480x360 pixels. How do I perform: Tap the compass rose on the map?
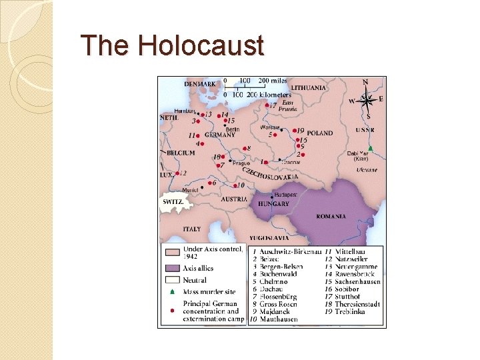365,100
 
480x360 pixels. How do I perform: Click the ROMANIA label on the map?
331,216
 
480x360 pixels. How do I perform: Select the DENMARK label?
200,84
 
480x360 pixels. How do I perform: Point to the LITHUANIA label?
307,87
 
